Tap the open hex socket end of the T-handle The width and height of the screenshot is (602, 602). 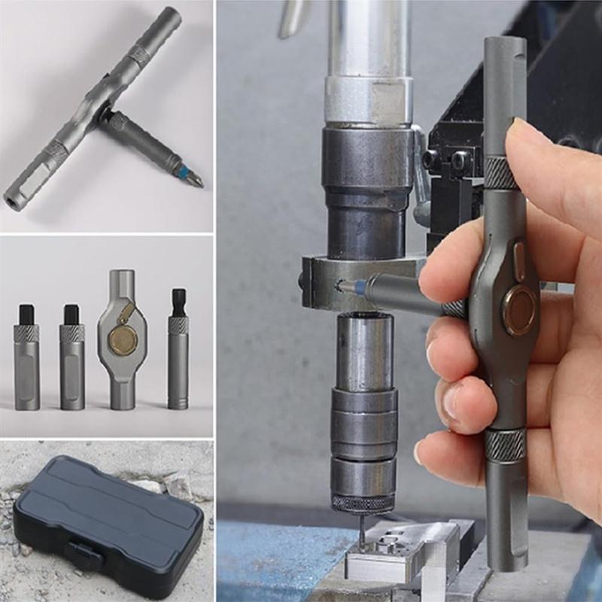[x=15, y=201]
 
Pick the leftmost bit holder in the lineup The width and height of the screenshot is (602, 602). [x=27, y=361]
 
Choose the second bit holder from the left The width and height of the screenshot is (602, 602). [x=72, y=361]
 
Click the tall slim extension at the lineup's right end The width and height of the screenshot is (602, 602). [x=178, y=354]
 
